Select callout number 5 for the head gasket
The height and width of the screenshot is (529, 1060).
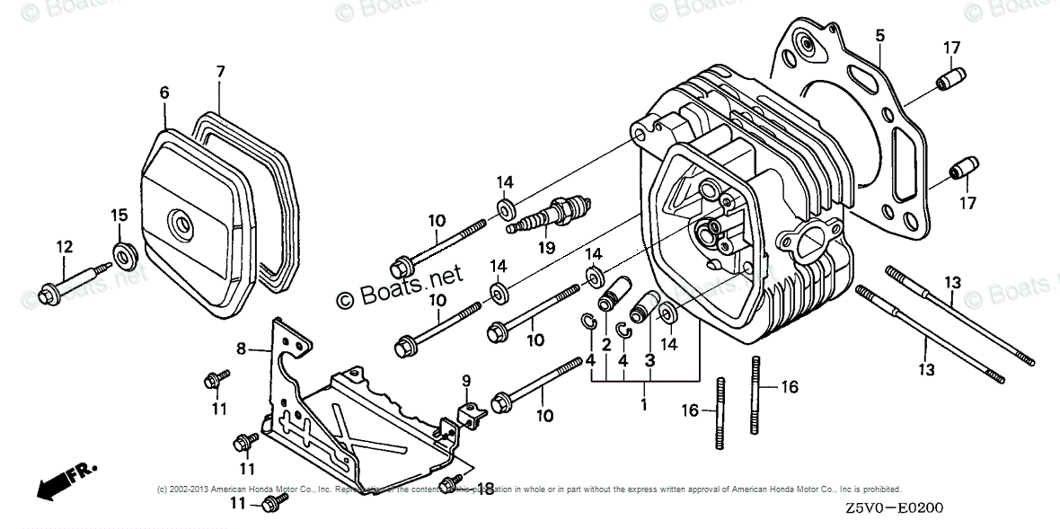point(879,36)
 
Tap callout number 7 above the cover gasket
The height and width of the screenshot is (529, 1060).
point(220,71)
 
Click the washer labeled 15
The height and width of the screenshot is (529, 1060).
point(123,252)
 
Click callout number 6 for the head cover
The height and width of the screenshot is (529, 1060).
point(164,93)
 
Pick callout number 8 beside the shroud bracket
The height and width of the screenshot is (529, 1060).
point(241,348)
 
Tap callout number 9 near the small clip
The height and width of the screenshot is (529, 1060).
point(466,382)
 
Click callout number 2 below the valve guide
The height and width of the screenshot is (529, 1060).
point(606,344)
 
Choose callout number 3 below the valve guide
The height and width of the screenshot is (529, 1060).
point(649,360)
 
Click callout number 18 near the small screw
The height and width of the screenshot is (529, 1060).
point(485,489)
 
